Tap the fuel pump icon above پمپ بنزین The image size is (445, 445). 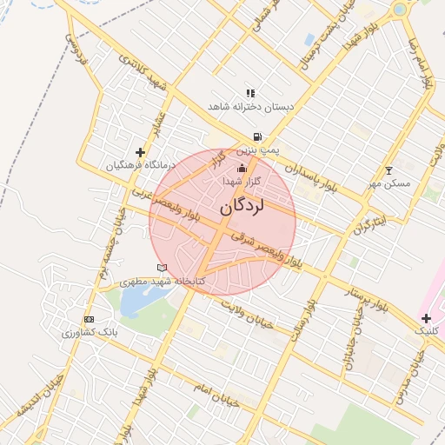point(257,136)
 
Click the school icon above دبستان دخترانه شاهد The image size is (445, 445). point(250,92)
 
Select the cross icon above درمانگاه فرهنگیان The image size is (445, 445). point(141,152)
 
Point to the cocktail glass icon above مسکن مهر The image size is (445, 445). point(389,170)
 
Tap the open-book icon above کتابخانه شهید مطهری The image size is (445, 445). point(161,268)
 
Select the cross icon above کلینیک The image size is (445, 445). point(426,319)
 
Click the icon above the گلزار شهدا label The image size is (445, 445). point(242,168)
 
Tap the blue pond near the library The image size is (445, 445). point(135,301)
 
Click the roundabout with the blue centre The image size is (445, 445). point(399,10)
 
